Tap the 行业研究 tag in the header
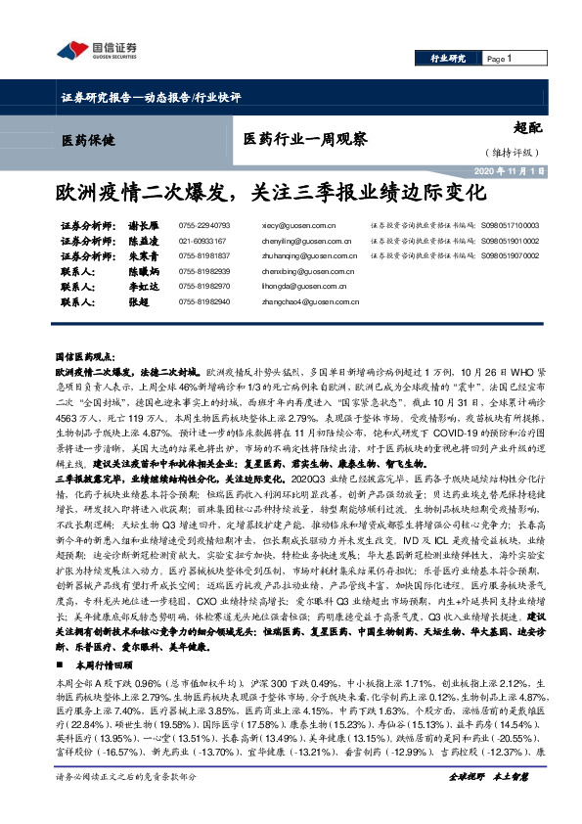(x=448, y=59)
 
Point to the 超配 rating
(x=525, y=126)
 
